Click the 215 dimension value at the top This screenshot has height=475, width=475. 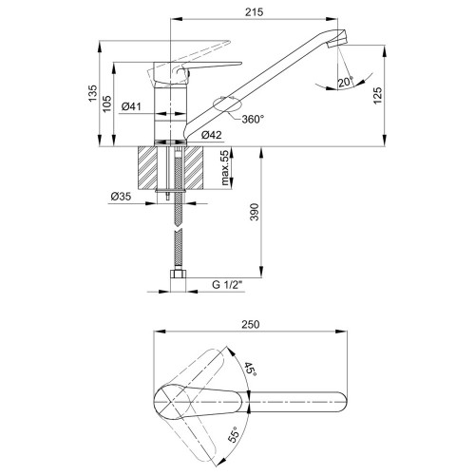tap(254, 12)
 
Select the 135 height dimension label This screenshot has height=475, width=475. tap(92, 93)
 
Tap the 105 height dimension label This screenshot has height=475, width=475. tap(107, 104)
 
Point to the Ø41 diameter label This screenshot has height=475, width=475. tap(131, 106)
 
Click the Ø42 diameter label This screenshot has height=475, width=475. tap(212, 135)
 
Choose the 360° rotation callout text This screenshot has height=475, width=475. tap(253, 119)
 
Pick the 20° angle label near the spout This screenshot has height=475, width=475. tap(346, 82)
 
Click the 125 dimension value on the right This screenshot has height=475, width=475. tap(378, 95)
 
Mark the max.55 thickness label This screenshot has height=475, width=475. tap(225, 167)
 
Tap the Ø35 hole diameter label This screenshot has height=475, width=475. tap(121, 197)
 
